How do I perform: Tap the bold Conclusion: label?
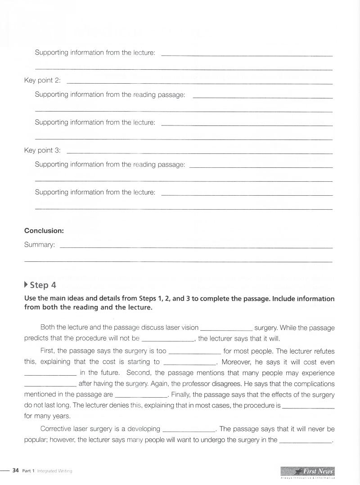pyautogui.click(x=44, y=230)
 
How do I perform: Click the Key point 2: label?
pyautogui.click(x=42, y=81)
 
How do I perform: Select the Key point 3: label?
pyautogui.click(x=42, y=150)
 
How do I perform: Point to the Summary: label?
pyautogui.click(x=40, y=245)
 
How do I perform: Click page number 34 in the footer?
pyautogui.click(x=16, y=471)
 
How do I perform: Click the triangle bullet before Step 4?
pyautogui.click(x=26, y=285)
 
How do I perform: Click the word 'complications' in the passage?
pyautogui.click(x=314, y=384)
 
